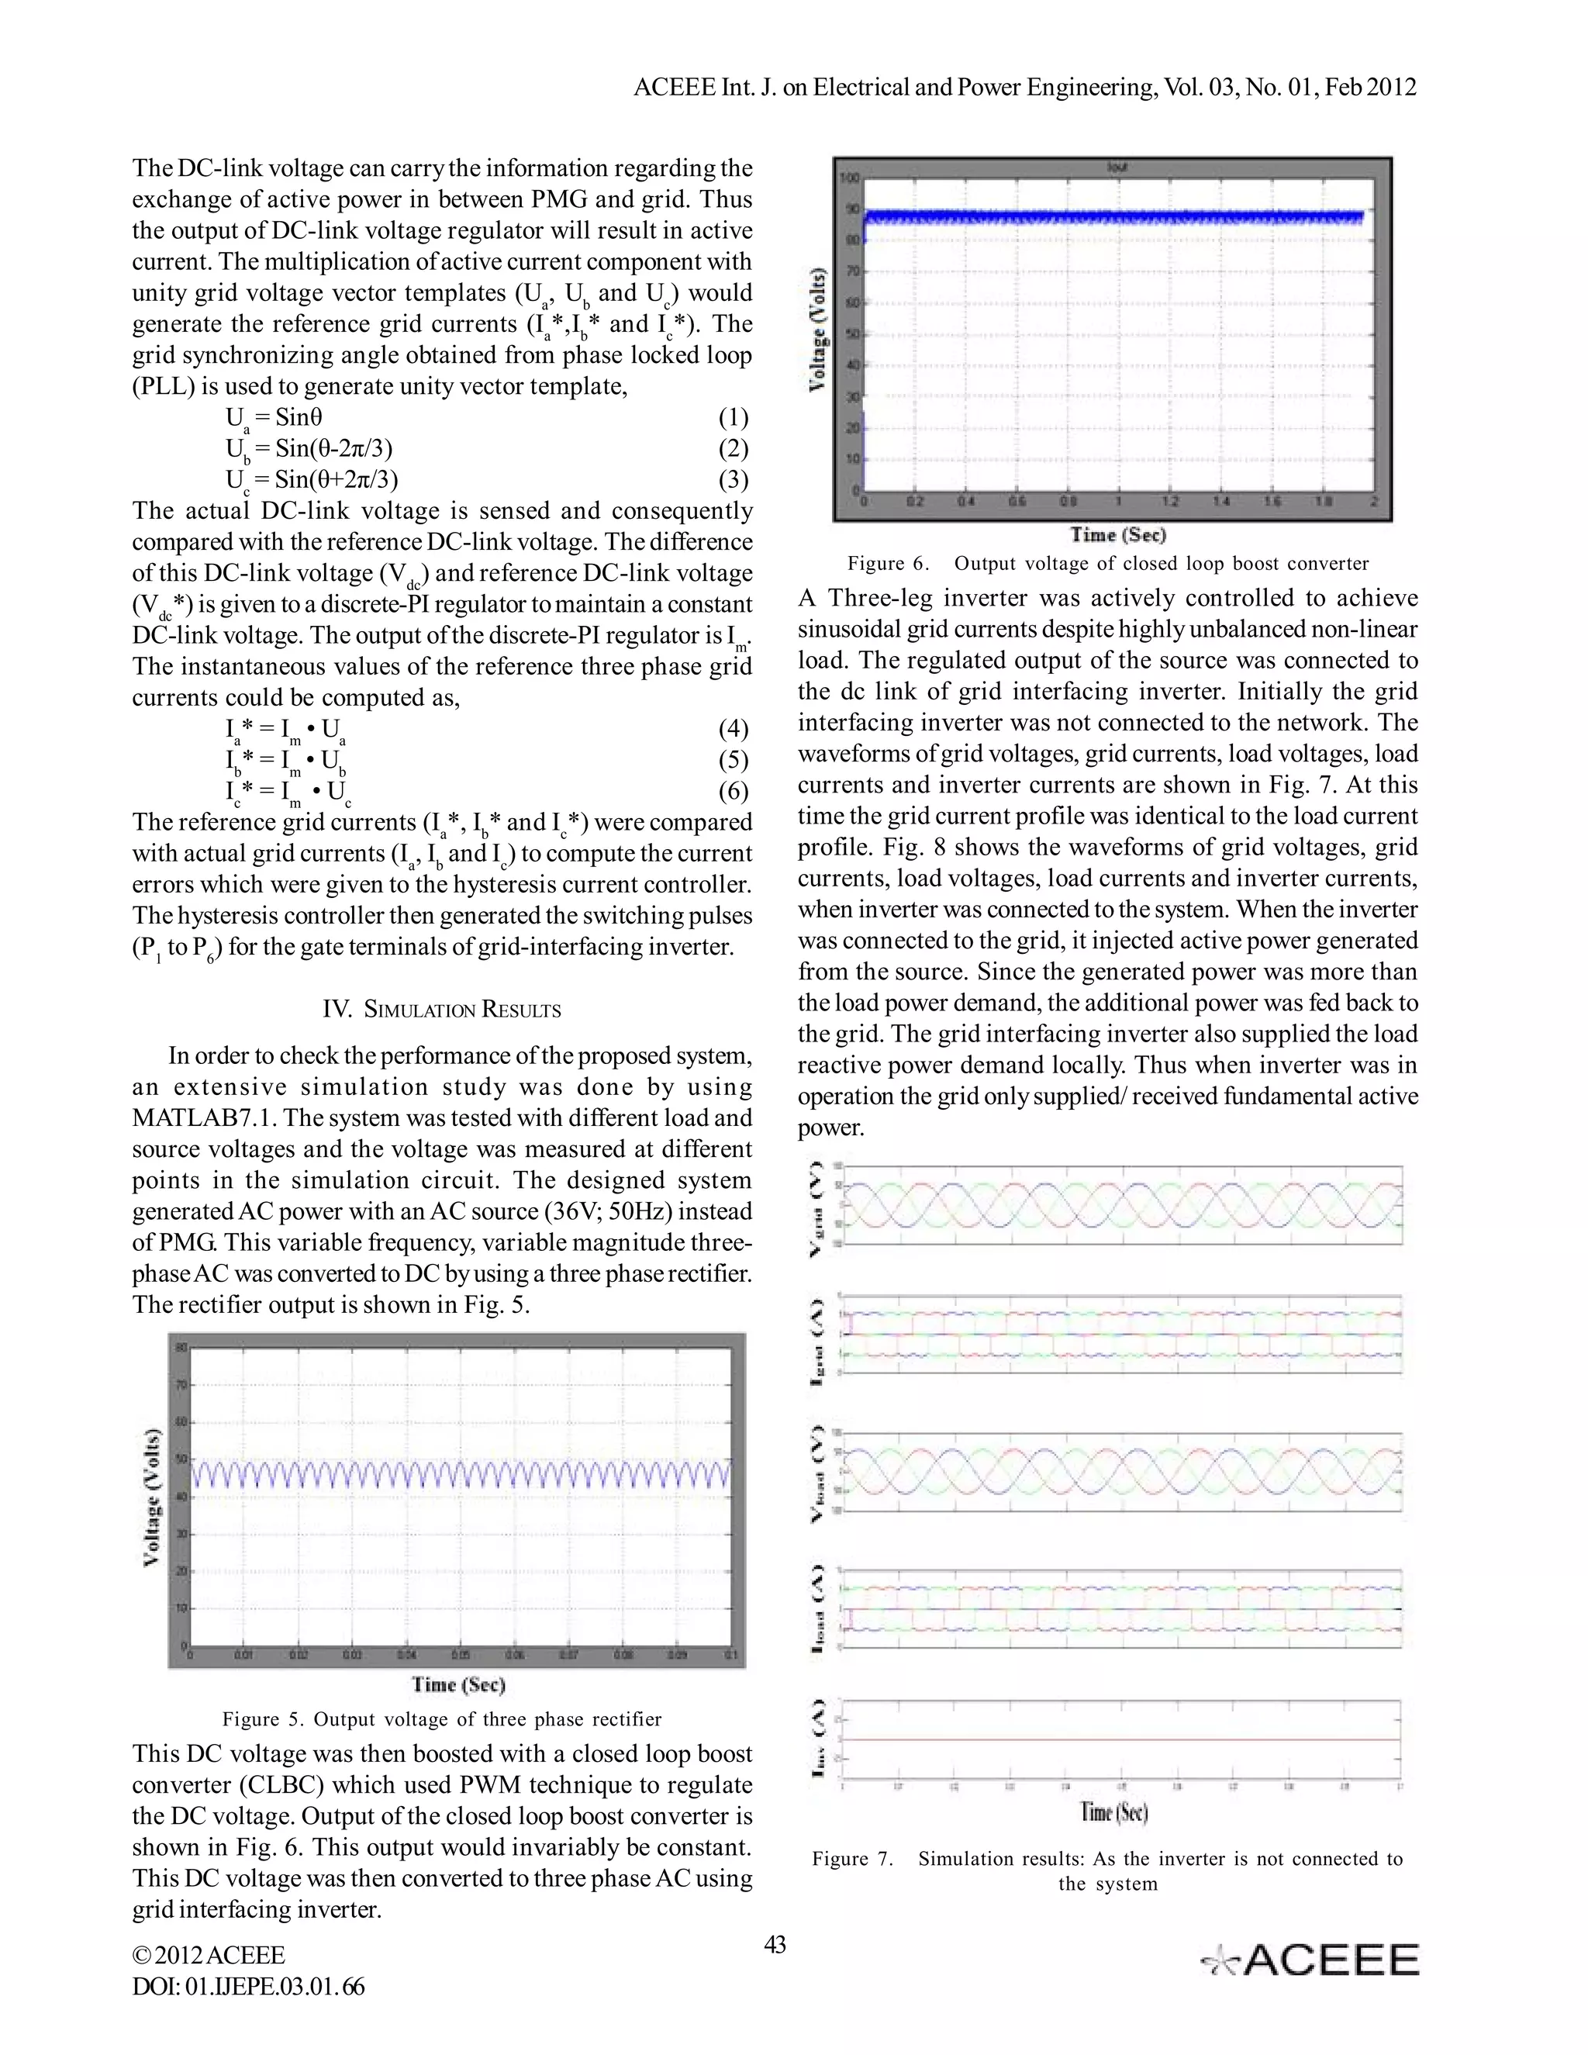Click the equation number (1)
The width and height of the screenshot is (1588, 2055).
pos(733,418)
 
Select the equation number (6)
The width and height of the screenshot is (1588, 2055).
pos(733,790)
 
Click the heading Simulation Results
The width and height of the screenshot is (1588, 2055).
pos(441,1010)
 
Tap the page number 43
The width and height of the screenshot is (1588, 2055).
pos(775,1944)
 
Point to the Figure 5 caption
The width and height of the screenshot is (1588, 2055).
pos(441,1719)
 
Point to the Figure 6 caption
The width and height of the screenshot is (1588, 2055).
pos(1107,564)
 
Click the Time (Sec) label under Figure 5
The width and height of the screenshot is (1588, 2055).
pos(458,1684)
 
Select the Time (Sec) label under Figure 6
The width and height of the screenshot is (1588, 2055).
pos(1117,534)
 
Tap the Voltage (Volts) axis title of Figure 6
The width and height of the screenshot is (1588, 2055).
pos(817,330)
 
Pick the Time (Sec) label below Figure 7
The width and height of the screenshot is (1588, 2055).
pos(1114,1812)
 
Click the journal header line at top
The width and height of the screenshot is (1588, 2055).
pos(1024,88)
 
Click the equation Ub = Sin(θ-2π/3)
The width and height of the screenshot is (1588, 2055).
pos(309,450)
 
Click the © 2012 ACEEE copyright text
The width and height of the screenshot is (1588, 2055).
pos(209,1955)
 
